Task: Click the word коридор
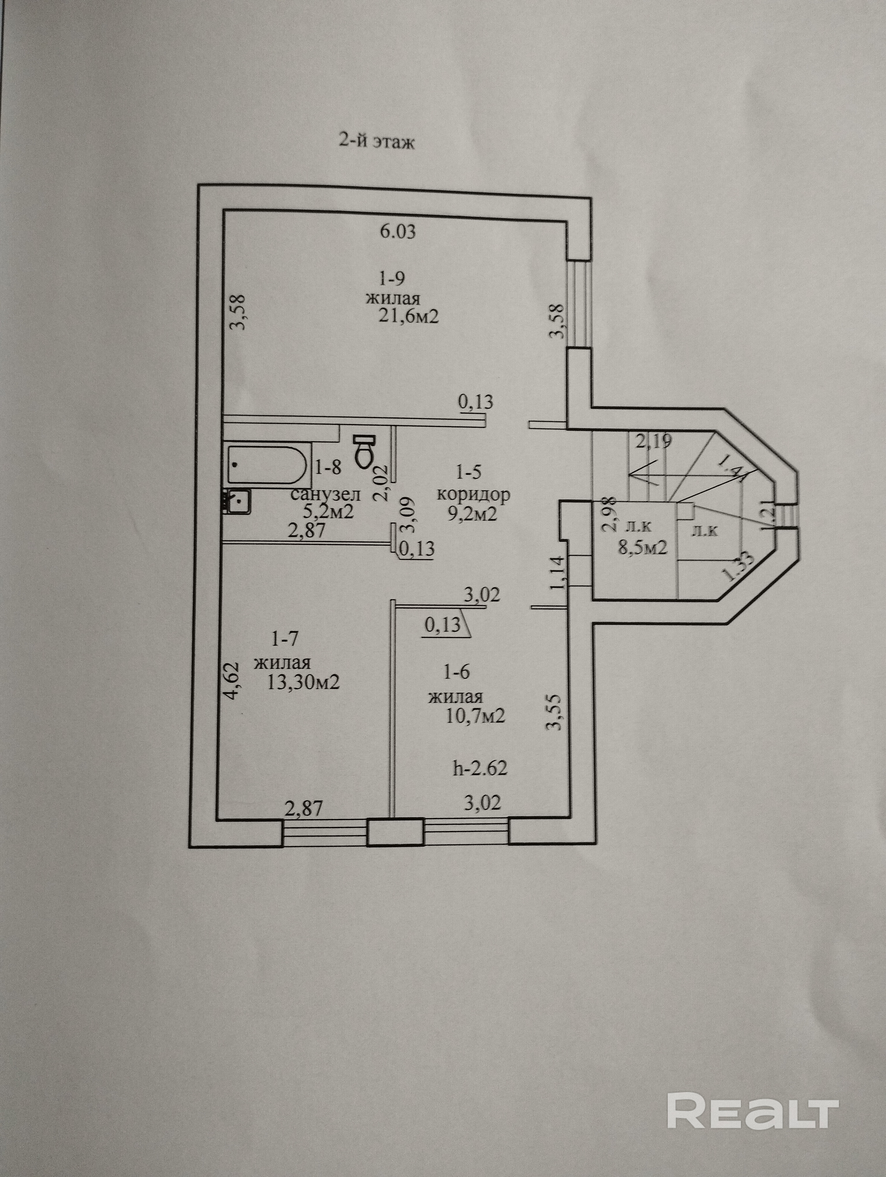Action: (473, 495)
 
